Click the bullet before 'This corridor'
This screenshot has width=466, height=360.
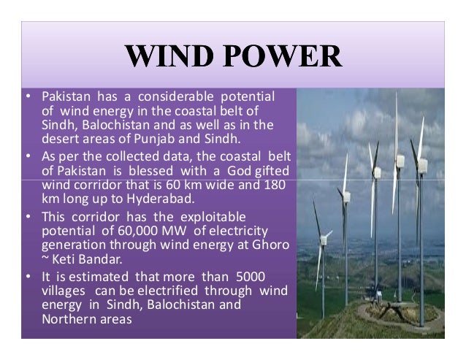(27, 218)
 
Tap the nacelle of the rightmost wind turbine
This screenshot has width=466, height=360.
(422, 164)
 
